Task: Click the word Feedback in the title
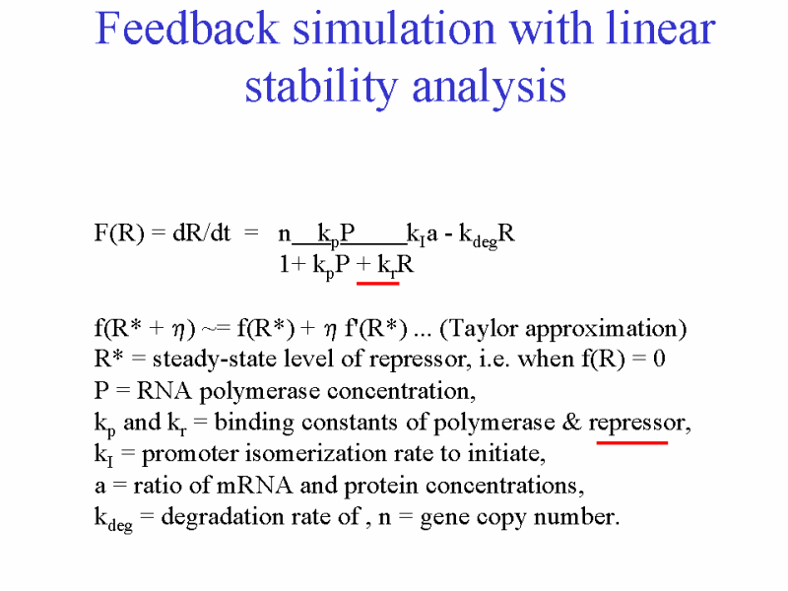coord(187,29)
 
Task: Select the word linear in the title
coord(660,29)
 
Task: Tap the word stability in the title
coord(322,87)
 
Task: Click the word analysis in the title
coord(489,87)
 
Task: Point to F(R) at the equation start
coord(119,233)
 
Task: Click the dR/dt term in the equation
coord(202,233)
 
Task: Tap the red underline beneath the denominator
coord(378,284)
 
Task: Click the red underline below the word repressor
coord(631,442)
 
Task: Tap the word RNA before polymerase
coord(164,390)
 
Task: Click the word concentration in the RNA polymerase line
coord(398,391)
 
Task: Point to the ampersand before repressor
coord(571,422)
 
